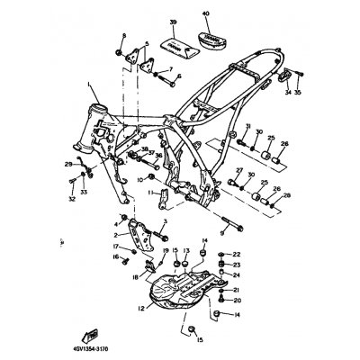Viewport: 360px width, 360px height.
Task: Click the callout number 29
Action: [67, 164]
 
